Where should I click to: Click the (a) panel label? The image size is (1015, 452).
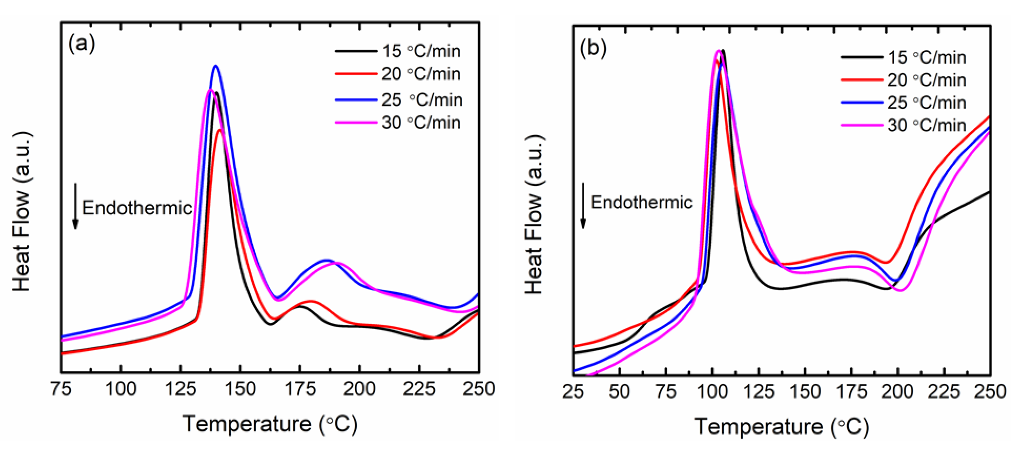pos(82,44)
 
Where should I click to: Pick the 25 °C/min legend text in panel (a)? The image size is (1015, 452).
pos(422,100)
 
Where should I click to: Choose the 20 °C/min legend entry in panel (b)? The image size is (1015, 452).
pos(926,80)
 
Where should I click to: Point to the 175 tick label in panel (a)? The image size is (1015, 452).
pos(300,389)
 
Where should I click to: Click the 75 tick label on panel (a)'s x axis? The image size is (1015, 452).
pos(61,389)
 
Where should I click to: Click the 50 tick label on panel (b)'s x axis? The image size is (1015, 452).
pos(619,392)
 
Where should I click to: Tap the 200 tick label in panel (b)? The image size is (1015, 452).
pos(898,392)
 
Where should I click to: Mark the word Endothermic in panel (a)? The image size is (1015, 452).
pos(137,208)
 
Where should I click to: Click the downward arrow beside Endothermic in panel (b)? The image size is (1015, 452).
pos(584,205)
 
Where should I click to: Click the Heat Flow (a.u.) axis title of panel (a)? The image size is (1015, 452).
pos(22,213)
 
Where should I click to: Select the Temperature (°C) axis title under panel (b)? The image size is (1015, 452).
pos(782,426)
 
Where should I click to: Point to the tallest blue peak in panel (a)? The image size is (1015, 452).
pos(215,66)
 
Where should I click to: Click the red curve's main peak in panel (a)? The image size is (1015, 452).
pos(219,130)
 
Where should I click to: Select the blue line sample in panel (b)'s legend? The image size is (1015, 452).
pos(861,103)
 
